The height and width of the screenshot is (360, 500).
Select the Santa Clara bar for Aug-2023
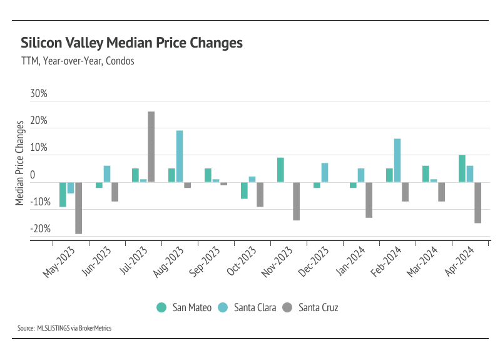point(180,157)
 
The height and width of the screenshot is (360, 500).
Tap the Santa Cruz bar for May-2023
point(79,208)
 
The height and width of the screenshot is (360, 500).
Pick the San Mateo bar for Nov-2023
point(280,170)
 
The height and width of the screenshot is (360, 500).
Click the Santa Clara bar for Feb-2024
point(397,160)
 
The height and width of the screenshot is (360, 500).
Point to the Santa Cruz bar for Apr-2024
point(478,202)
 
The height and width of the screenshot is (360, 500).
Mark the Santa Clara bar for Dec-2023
point(325,172)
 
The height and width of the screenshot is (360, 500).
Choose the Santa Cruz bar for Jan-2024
point(369,200)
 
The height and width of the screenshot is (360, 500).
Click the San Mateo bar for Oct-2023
point(244,190)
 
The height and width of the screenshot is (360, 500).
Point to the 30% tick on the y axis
point(39,95)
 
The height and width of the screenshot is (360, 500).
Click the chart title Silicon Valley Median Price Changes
point(131,43)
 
